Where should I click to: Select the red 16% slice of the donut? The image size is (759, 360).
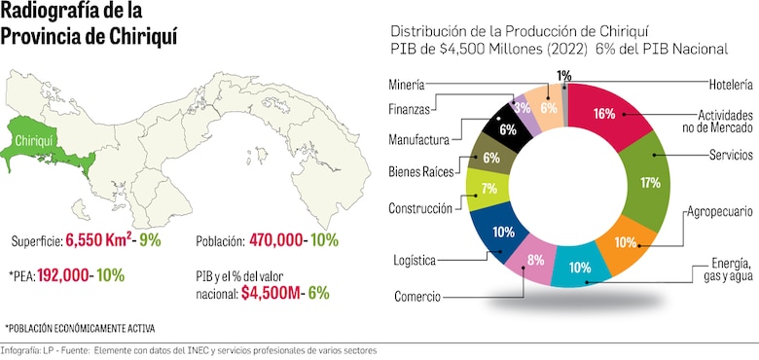point(604,114)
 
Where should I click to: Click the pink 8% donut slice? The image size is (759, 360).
point(535,260)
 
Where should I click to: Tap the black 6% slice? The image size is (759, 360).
point(506,128)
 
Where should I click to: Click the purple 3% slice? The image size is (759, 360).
point(524,108)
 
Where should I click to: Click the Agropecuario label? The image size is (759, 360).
point(720,211)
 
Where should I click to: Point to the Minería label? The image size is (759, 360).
point(411,85)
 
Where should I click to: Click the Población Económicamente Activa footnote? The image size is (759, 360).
point(80,328)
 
